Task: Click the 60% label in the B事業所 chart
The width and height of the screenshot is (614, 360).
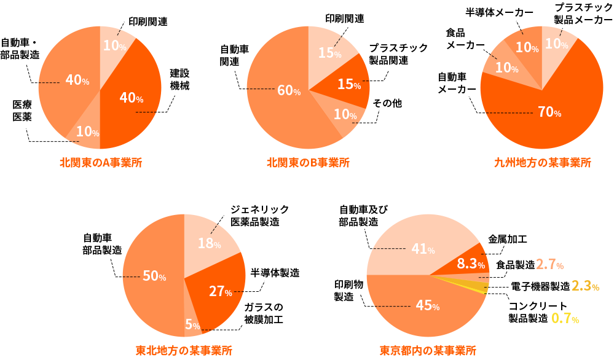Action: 289,90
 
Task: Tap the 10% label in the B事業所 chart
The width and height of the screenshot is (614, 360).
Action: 345,114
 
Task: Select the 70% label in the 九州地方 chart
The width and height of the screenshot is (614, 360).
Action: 549,112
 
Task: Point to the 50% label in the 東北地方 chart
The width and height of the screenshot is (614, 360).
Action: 154,276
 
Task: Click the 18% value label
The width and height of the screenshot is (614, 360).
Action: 209,243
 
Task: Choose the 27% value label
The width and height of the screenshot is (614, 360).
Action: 220,291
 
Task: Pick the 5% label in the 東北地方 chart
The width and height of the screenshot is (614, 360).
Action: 191,323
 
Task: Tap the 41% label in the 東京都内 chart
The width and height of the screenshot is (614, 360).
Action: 423,249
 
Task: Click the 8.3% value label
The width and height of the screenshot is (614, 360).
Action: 471,264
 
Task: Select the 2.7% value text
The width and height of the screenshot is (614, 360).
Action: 550,264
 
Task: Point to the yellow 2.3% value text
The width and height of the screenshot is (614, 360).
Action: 585,286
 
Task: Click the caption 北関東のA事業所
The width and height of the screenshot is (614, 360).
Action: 101,163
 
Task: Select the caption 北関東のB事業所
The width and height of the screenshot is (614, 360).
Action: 308,163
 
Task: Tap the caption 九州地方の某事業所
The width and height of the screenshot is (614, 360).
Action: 542,163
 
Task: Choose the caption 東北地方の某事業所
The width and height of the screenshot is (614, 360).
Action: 184,351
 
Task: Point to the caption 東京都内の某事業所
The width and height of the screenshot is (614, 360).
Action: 428,351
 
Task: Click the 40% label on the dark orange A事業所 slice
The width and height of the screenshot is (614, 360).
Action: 131,98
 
